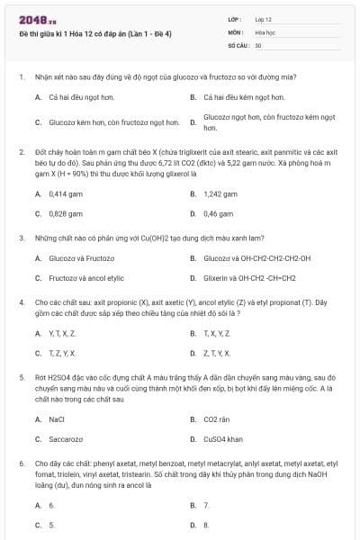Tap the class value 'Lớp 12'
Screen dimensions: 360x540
[x=263, y=19]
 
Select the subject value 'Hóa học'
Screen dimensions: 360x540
[x=265, y=31]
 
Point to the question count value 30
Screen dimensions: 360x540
[x=258, y=44]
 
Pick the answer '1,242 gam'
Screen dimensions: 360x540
[x=220, y=193]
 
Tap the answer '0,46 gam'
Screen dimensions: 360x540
[x=218, y=214]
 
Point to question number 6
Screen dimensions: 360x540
[x=21, y=463]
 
